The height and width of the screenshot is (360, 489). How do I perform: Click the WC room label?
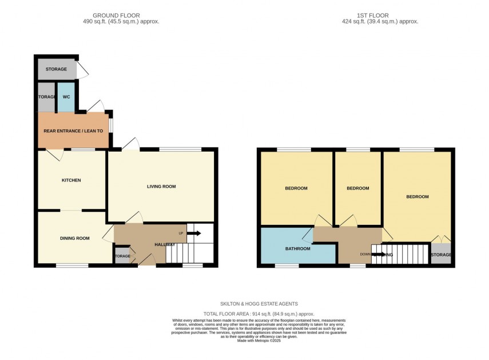[66, 97]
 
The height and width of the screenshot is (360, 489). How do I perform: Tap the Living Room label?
[161, 186]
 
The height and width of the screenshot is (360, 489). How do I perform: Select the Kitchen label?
[71, 180]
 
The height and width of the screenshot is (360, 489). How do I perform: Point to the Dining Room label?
[75, 238]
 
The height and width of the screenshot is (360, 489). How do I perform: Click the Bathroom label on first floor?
[297, 248]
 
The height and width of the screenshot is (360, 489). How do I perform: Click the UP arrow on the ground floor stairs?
[193, 233]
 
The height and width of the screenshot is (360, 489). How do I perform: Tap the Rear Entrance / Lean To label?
[73, 131]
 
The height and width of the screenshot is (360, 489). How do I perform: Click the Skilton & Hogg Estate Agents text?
[260, 304]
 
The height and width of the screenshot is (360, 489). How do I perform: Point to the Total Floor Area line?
[260, 313]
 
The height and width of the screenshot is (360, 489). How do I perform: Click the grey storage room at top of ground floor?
[56, 69]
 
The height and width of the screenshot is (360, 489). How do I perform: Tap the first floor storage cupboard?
[440, 254]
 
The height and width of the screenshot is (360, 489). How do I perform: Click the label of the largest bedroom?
[417, 196]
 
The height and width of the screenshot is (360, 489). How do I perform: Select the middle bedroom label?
[357, 188]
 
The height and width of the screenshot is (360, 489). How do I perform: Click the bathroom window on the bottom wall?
[287, 265]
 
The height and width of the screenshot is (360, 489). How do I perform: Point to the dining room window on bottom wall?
[72, 265]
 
